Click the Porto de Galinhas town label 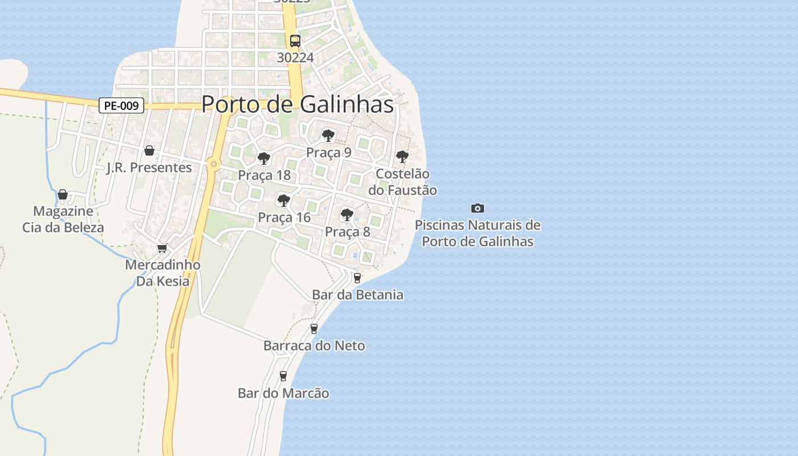pyautogui.click(x=298, y=104)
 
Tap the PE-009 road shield pyautogui.click(x=121, y=105)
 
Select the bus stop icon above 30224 pyautogui.click(x=295, y=41)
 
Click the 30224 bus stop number pyautogui.click(x=295, y=58)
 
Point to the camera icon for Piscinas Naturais pyautogui.click(x=478, y=208)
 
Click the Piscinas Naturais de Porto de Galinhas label pyautogui.click(x=478, y=233)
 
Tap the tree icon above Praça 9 pyautogui.click(x=328, y=135)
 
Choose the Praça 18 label pyautogui.click(x=264, y=175)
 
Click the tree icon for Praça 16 pyautogui.click(x=283, y=200)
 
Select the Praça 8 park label pyautogui.click(x=348, y=231)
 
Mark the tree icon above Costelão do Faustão pyautogui.click(x=402, y=156)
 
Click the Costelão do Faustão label pyautogui.click(x=403, y=182)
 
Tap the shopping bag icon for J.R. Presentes pyautogui.click(x=149, y=150)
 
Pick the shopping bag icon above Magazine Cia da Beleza pyautogui.click(x=63, y=194)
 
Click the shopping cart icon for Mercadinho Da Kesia pyautogui.click(x=162, y=248)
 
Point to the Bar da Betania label pyautogui.click(x=358, y=295)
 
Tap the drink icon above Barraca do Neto pyautogui.click(x=313, y=328)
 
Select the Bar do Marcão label pyautogui.click(x=283, y=393)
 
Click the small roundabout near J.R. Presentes pyautogui.click(x=214, y=164)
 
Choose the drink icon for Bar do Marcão pyautogui.click(x=283, y=376)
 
